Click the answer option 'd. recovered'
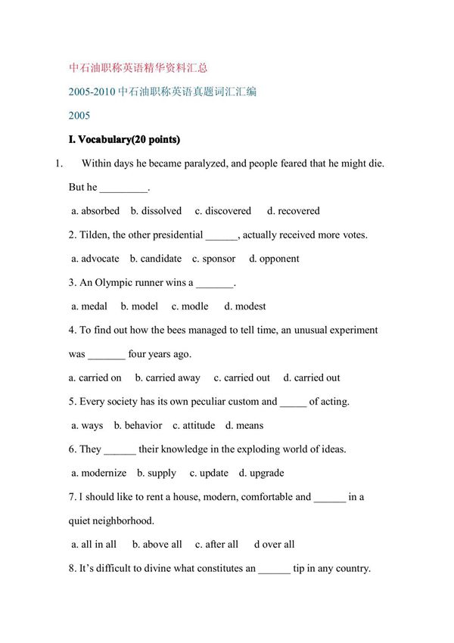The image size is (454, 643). click(294, 211)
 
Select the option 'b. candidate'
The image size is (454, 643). click(156, 259)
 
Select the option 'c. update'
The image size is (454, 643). click(209, 473)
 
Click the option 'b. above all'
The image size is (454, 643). click(157, 544)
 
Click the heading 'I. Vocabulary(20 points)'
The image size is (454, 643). click(124, 140)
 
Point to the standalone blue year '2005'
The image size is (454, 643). click(79, 116)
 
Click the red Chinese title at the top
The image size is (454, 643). click(138, 67)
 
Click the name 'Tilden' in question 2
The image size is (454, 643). click(95, 235)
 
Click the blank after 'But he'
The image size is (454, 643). click(124, 188)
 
